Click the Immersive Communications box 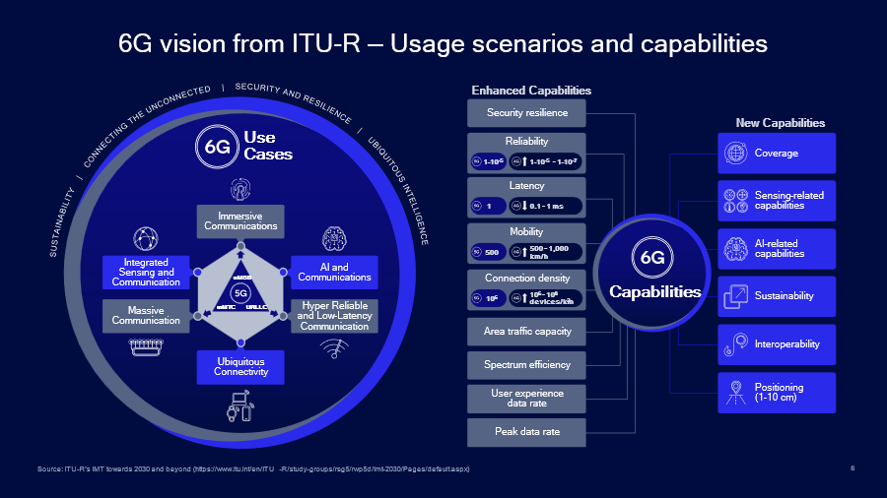pos(240,221)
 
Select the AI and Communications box pos(334,272)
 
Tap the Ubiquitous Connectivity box pos(240,367)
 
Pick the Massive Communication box pos(146,315)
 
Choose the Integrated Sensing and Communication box pos(146,272)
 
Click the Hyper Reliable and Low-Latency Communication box pos(334,315)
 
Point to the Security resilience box pos(526,112)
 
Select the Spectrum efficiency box pos(526,365)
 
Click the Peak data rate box pos(526,431)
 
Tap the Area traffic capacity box pos(526,332)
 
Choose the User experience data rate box pos(526,398)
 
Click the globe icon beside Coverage pos(735,154)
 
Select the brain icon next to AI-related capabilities pos(735,249)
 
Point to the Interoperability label pos(787,344)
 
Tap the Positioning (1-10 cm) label pos(779,393)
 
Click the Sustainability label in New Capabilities pos(784,296)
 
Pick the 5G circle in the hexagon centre pos(239,293)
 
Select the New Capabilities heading pos(780,123)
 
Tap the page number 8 pos(852,468)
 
